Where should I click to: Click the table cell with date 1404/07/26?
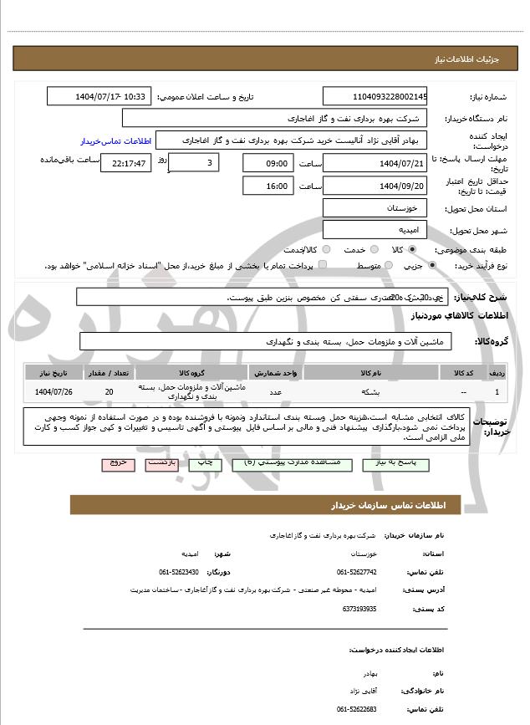point(52,391)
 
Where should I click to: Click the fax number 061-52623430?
point(178,572)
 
